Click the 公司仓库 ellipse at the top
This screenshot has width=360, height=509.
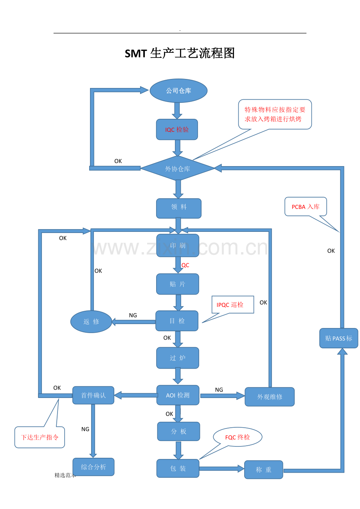pyautogui.click(x=178, y=91)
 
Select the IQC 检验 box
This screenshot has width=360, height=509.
pyautogui.click(x=177, y=129)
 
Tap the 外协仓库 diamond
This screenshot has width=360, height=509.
pyautogui.click(x=178, y=169)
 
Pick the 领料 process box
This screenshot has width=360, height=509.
pyautogui.click(x=179, y=208)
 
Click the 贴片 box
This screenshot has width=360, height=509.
pyautogui.click(x=178, y=284)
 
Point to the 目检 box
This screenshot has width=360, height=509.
pyautogui.click(x=177, y=321)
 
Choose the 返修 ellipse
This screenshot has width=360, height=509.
pyautogui.click(x=91, y=322)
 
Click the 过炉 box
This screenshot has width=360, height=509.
pyautogui.click(x=178, y=358)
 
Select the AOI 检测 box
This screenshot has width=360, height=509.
pyautogui.click(x=178, y=395)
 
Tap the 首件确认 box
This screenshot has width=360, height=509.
pyautogui.click(x=93, y=395)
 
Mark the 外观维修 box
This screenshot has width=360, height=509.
pyautogui.click(x=270, y=397)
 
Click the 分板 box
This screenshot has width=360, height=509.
pyautogui.click(x=178, y=432)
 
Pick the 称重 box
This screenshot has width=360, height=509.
pyautogui.click(x=263, y=470)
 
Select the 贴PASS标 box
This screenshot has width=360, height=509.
pyautogui.click(x=338, y=338)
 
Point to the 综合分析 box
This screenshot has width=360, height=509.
pyautogui.click(x=94, y=467)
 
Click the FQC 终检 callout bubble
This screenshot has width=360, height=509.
pyautogui.click(x=238, y=437)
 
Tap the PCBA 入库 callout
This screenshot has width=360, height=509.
pyautogui.click(x=306, y=206)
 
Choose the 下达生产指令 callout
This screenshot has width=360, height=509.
pyautogui.click(x=40, y=437)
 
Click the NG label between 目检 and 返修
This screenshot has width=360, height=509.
pyautogui.click(x=133, y=315)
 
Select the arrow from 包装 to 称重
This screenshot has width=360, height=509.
pyautogui.click(x=221, y=468)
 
